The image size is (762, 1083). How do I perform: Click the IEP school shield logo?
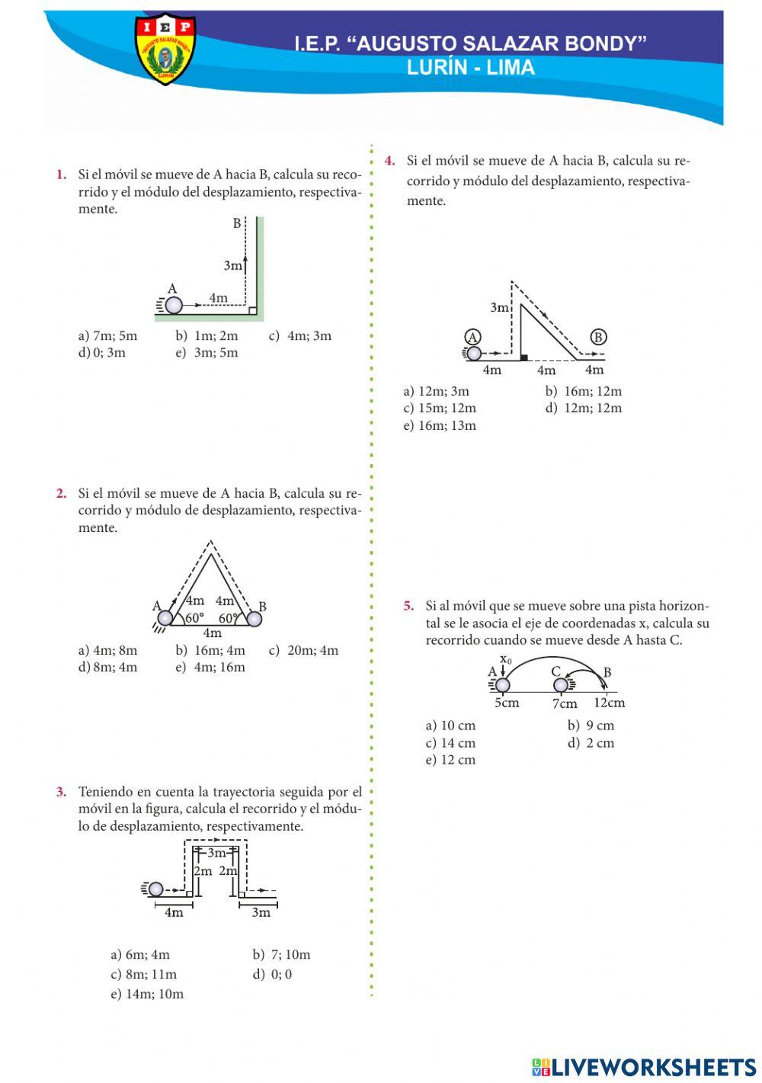[165, 50]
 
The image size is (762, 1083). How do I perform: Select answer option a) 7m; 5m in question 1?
[107, 335]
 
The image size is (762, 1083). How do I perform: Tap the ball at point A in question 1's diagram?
[174, 305]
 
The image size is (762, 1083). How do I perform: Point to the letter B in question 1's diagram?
[237, 223]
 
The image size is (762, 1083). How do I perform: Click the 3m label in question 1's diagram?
[233, 266]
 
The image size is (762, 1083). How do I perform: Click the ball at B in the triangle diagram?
[254, 619]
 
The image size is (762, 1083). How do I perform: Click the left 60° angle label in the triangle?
[195, 618]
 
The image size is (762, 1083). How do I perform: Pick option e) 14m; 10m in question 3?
[147, 994]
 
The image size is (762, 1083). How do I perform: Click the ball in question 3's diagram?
[156, 889]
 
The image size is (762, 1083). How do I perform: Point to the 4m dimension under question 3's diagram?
[174, 912]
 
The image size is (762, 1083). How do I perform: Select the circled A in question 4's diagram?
[472, 337]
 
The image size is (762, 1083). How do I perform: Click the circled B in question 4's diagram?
[598, 337]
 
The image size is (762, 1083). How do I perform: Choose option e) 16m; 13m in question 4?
[440, 425]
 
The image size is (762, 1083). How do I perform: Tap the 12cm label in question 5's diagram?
[609, 703]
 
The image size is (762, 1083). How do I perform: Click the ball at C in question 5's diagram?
[561, 684]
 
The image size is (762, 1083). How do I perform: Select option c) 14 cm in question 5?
[450, 743]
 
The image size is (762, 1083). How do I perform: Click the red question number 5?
[409, 606]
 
